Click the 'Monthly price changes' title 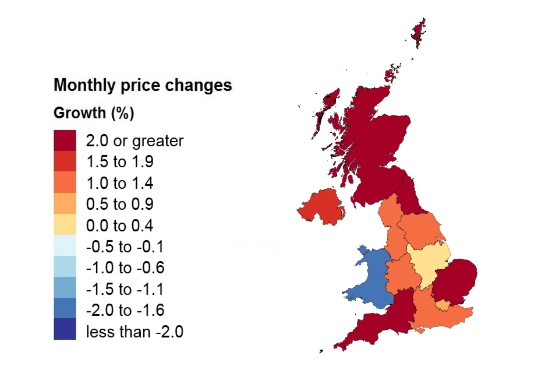(x=143, y=85)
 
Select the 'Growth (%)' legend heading (x=94, y=112)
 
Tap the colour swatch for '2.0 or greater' (x=65, y=140)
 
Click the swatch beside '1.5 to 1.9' (x=65, y=161)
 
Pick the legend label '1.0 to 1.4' (x=119, y=183)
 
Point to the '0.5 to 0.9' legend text (x=119, y=204)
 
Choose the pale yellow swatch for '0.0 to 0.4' (x=65, y=225)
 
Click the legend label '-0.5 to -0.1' (x=125, y=247)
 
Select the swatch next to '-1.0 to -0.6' (x=65, y=268)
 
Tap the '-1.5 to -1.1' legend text (x=125, y=288)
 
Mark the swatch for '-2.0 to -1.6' (x=65, y=309)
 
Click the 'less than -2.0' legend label (x=135, y=332)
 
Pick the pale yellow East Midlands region (x=428, y=262)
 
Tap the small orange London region (x=444, y=305)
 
